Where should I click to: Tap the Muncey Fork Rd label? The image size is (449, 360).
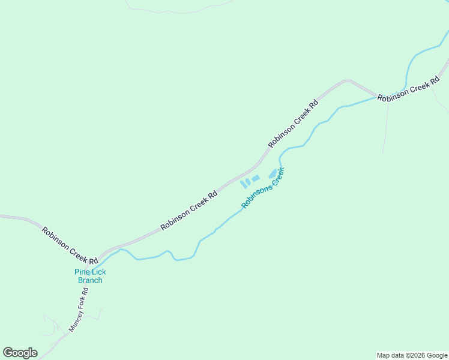[x=79, y=310]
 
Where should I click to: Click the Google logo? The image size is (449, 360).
[x=20, y=353]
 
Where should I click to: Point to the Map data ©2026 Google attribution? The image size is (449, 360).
[x=412, y=355]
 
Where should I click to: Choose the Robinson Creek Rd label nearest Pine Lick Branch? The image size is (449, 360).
[x=70, y=245]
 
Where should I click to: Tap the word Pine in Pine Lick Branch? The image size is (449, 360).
[x=82, y=272]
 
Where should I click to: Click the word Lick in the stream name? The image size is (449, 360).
[x=97, y=272]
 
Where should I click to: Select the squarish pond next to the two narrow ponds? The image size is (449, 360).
[x=256, y=178]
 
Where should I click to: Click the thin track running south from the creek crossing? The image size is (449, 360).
[x=385, y=126]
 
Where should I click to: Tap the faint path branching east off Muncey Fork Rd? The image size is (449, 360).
[x=96, y=311]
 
